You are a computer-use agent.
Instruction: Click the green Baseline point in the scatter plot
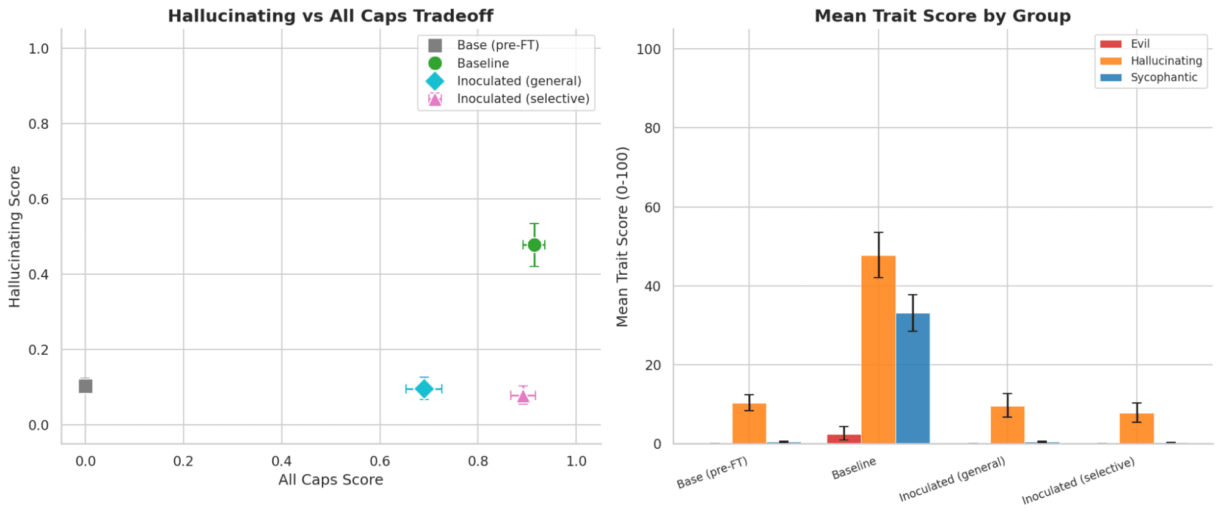(x=534, y=245)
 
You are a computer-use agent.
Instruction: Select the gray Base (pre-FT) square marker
(x=86, y=386)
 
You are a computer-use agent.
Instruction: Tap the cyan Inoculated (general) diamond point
(x=424, y=388)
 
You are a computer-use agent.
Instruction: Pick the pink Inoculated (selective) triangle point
(x=523, y=396)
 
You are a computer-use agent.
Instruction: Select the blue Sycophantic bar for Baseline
(x=913, y=378)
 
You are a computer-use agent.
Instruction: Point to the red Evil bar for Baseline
(x=844, y=438)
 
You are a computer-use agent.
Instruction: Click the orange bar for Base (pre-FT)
(x=749, y=423)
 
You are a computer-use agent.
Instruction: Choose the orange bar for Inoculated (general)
(x=1007, y=425)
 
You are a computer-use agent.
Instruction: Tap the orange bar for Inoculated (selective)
(x=1136, y=428)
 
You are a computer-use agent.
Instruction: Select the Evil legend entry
(x=1140, y=44)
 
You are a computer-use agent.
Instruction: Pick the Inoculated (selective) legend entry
(x=523, y=99)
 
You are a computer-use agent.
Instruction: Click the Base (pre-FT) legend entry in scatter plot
(x=498, y=45)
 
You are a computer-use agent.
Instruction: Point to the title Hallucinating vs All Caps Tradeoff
(x=330, y=16)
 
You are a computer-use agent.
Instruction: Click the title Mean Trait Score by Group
(x=942, y=16)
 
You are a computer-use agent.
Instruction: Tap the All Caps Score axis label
(x=330, y=480)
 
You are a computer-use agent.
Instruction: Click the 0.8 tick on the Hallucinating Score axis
(x=38, y=124)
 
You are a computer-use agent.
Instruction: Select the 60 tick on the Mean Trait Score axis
(x=652, y=208)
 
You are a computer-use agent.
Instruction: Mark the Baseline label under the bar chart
(x=854, y=468)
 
